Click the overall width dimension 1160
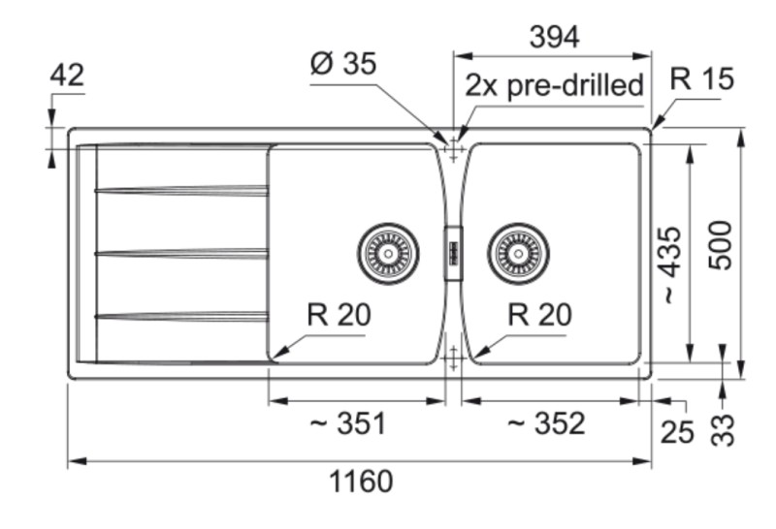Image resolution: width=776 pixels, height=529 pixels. (362, 482)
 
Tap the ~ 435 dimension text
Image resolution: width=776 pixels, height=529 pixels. (670, 265)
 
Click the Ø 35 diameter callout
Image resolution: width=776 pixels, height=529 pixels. (342, 64)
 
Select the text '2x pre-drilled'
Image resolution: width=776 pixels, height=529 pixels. (554, 85)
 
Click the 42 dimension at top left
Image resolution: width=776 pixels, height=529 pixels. (67, 75)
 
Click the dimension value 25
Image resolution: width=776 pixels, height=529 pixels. (677, 432)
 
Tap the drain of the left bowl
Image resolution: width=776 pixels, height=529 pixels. (388, 254)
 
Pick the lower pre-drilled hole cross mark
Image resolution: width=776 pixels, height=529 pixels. (453, 358)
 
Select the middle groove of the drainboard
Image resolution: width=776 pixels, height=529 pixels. (180, 253)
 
